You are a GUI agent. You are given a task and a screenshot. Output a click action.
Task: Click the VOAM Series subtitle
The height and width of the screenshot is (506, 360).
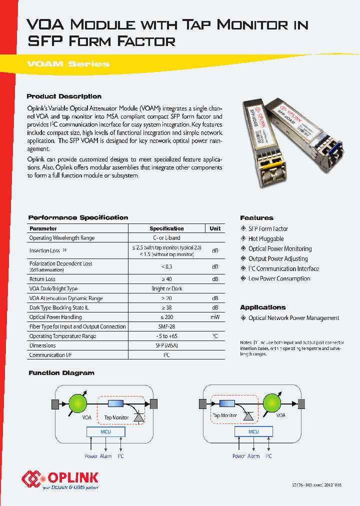coord(68,64)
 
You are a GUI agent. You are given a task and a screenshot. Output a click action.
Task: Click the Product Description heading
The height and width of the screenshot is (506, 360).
coord(64,96)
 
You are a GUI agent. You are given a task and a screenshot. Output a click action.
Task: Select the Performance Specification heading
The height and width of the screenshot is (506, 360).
coord(78,217)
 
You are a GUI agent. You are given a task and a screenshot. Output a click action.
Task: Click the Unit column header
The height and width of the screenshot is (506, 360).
coord(215,228)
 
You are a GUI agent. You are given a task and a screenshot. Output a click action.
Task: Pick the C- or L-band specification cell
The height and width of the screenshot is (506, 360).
coord(166,238)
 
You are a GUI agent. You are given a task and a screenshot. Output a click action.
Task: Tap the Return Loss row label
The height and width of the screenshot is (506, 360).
coord(42,279)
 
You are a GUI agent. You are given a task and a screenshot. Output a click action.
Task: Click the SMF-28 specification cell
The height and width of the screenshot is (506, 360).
coord(166,326)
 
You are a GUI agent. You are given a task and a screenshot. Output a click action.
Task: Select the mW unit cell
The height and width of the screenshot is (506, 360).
coord(215,317)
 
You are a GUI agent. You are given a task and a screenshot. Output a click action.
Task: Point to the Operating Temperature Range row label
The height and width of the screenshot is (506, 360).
coord(62,336)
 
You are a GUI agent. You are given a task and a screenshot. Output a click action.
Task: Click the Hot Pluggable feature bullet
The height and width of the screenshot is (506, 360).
coord(266,239)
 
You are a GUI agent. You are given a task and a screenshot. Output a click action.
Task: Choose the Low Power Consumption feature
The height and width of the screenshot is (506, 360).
coord(279,278)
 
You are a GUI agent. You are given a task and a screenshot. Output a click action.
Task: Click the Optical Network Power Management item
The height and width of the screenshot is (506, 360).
coord(293,318)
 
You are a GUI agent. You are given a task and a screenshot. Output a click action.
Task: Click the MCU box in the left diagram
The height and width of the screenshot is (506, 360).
coord(105,431)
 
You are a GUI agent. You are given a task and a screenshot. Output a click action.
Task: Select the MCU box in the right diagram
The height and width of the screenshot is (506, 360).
coord(253,431)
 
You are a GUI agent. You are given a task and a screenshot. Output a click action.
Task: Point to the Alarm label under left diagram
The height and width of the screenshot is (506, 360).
coord(105,456)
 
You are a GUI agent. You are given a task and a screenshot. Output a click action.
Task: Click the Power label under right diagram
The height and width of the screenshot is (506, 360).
coord(238,456)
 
